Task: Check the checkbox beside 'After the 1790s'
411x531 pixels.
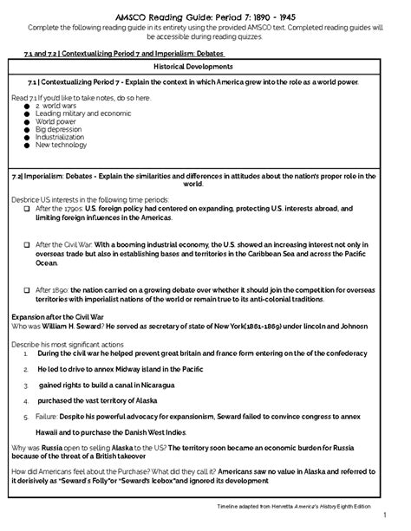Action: coord(28,209)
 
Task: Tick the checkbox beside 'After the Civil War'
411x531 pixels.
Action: coord(28,244)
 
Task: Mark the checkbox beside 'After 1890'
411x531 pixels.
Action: coord(28,289)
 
